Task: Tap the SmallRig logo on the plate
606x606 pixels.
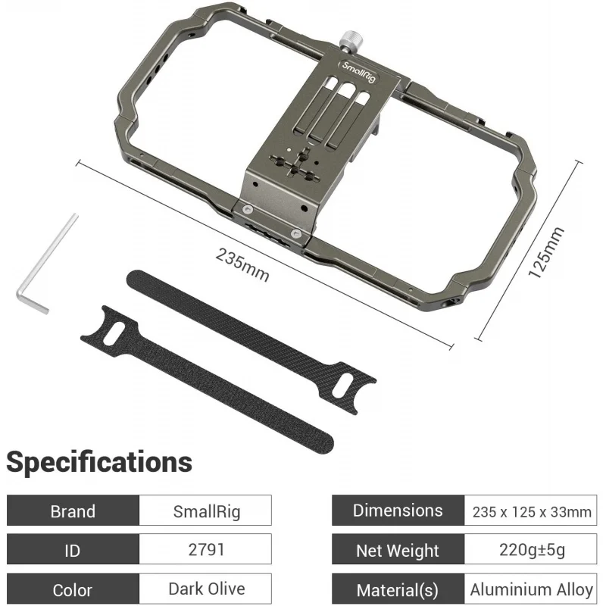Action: click(x=358, y=71)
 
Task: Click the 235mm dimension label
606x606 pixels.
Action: click(x=242, y=265)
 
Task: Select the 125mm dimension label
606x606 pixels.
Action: click(x=546, y=253)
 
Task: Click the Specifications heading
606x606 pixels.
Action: click(x=99, y=462)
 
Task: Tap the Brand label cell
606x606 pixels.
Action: click(x=73, y=511)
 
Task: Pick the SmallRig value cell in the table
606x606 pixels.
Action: click(x=205, y=511)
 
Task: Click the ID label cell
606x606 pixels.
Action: click(x=73, y=549)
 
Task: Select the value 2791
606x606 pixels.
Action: click(x=206, y=549)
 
